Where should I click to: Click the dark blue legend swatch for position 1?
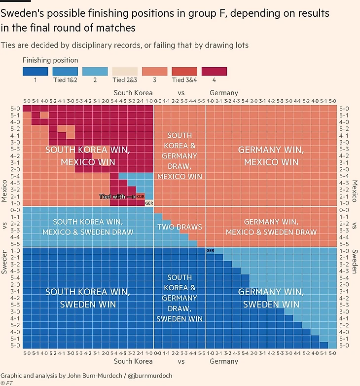point(36,72)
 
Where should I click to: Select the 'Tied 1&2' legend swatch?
point(66,72)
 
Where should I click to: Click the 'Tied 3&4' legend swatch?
point(184,72)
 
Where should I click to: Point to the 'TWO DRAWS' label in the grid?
point(180,227)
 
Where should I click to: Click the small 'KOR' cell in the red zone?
point(141,196)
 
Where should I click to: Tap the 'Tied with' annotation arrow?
point(130,196)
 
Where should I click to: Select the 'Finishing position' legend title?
point(50,60)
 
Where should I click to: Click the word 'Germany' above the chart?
point(224,92)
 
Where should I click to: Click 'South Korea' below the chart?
point(133,361)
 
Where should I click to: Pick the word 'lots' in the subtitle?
point(240,45)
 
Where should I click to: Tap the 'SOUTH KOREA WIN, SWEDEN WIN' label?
point(88,298)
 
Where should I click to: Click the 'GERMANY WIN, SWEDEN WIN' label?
point(269,298)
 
